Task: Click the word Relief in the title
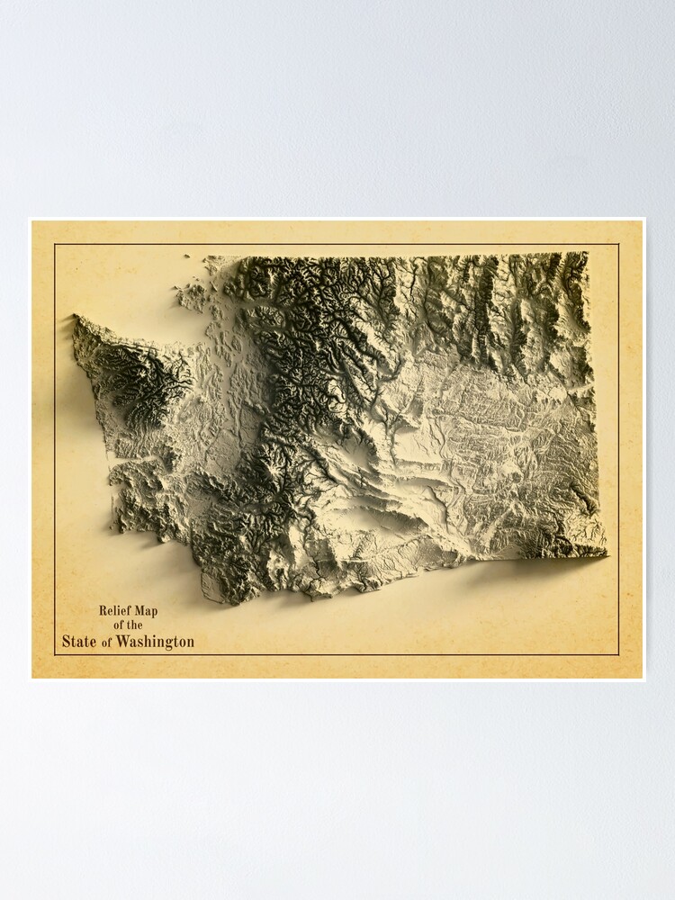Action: [x=115, y=611]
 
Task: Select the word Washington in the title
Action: [x=152, y=642]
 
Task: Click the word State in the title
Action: [x=79, y=642]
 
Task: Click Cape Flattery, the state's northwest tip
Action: [x=76, y=319]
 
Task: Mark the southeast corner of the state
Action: [x=605, y=553]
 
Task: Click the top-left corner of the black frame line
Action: [x=54, y=244]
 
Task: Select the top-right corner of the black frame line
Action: [x=619, y=244]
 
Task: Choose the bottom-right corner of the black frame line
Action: [x=619, y=654]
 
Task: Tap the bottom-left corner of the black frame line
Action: [x=54, y=654]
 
